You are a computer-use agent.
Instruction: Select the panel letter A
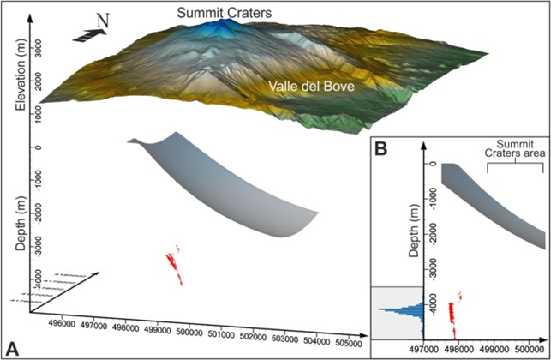pos(14,346)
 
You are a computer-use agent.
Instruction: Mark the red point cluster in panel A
pos(175,262)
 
